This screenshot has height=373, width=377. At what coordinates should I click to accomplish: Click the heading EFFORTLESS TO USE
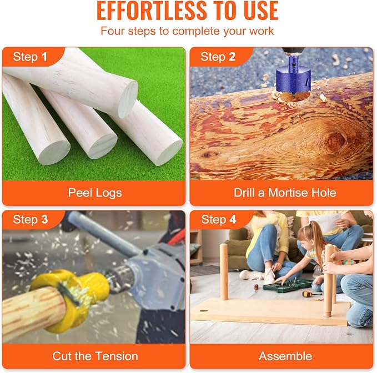188,11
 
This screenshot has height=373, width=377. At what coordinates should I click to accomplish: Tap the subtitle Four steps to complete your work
187,31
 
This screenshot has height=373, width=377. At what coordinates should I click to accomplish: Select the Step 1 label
30,57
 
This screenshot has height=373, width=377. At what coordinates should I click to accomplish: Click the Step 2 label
218,57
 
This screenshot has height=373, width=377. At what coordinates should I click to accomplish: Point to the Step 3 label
31,219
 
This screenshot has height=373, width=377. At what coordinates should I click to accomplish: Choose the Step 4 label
219,219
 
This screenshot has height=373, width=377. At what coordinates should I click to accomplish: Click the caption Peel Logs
95,193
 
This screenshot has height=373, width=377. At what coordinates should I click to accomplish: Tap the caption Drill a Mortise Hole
285,193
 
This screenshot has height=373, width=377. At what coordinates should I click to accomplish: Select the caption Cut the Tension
95,356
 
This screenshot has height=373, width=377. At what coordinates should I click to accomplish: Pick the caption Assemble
285,356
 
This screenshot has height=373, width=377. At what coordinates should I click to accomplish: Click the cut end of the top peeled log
128,99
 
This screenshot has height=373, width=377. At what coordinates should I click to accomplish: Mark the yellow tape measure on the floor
307,294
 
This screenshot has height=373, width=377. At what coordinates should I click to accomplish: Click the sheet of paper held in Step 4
326,224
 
